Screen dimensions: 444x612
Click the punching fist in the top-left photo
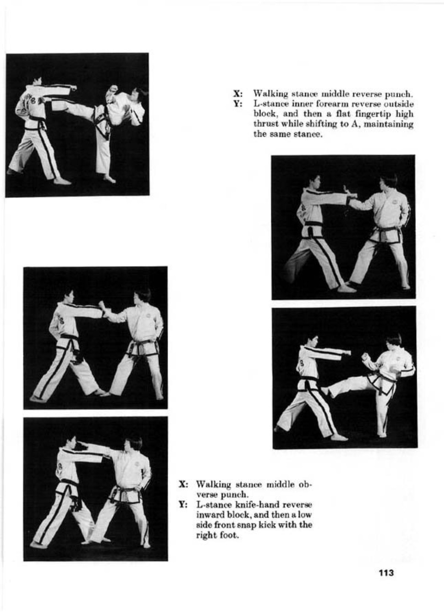click(x=73, y=88)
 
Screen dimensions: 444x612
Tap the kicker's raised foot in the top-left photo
click(x=46, y=102)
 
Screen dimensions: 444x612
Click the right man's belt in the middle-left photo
click(x=142, y=346)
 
